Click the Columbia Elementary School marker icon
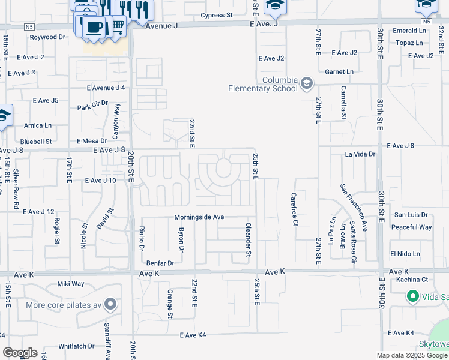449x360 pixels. tap(307, 83)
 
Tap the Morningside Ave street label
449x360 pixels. tap(199, 217)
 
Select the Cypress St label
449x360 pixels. tap(217, 15)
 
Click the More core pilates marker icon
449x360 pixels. tap(110, 305)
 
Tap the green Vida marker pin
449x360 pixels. tap(412, 296)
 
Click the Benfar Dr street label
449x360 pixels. tap(160, 263)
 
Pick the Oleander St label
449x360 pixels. tap(248, 240)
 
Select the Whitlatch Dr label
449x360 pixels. tap(76, 346)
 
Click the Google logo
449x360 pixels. tap(20, 353)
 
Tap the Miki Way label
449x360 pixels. tap(71, 284)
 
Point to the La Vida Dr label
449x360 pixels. tap(360, 154)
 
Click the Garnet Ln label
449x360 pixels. tap(339, 71)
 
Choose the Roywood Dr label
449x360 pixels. tap(47, 37)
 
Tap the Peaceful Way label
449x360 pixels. tap(411, 227)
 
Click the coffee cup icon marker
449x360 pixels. tap(93, 27)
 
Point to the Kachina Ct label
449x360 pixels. tap(408, 280)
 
